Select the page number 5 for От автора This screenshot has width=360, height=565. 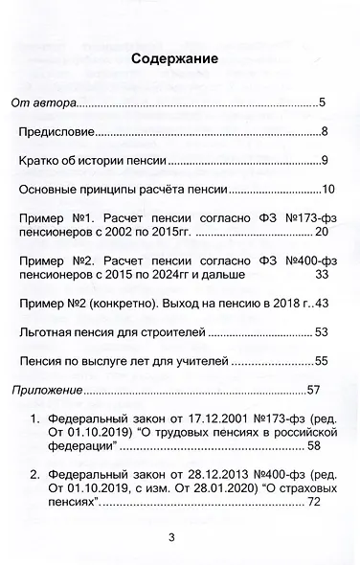click(324, 102)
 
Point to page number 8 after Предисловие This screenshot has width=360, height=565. click(326, 131)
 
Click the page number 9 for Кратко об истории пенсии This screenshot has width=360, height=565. click(326, 160)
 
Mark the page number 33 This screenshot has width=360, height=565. click(322, 274)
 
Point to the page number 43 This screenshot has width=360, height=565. click(322, 303)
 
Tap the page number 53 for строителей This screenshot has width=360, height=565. click(322, 331)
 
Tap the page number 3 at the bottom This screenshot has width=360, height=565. click(172, 536)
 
